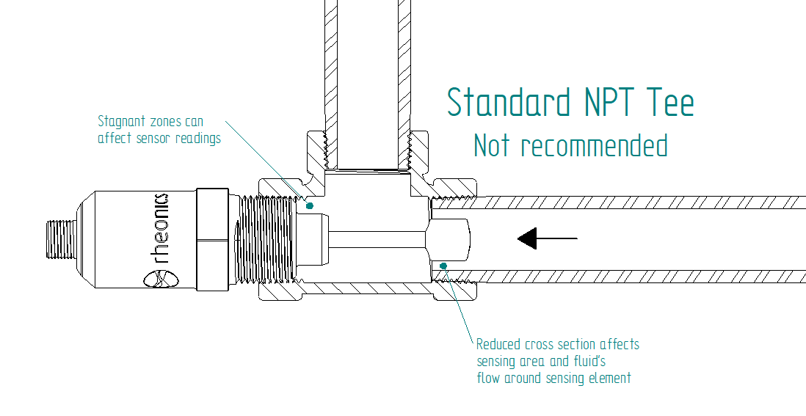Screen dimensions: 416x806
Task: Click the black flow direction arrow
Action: (547, 238)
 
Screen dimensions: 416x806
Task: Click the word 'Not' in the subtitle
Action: (491, 145)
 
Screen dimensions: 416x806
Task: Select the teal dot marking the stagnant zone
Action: (309, 205)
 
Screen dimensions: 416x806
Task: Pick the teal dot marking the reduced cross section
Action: (443, 265)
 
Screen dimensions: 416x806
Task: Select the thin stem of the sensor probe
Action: (378, 238)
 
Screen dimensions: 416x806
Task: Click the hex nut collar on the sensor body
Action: (213, 238)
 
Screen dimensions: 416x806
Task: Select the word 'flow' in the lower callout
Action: (488, 378)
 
